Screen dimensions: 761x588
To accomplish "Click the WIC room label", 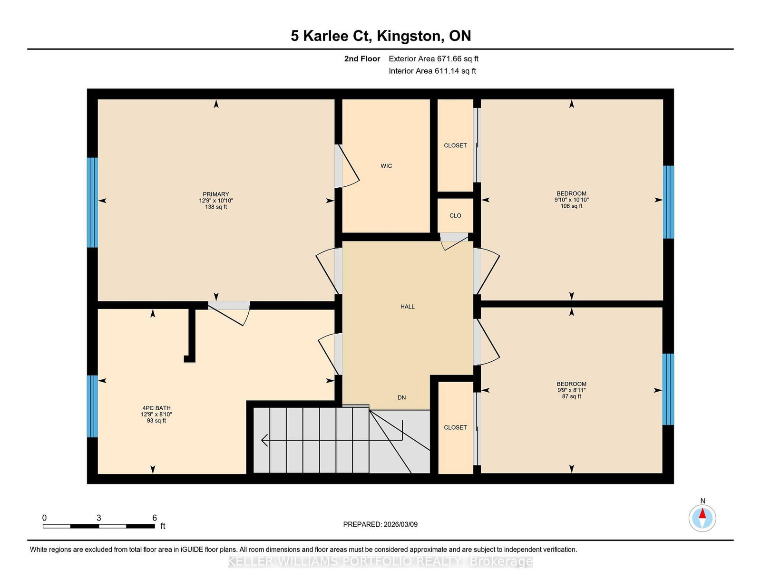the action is tap(386, 166).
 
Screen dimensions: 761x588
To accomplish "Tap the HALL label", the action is tap(407, 307).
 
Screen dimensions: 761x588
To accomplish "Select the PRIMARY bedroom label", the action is tap(216, 194).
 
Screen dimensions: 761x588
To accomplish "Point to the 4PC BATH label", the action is tap(156, 408).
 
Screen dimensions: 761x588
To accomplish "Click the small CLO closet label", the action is tap(455, 216).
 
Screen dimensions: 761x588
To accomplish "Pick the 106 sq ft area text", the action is tap(571, 206).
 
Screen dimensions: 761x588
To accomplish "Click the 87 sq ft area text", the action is tap(571, 396).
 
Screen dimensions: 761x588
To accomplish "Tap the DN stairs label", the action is tap(402, 397).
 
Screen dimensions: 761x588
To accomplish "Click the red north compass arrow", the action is tap(702, 513).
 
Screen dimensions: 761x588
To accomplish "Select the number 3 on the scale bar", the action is tap(99, 518).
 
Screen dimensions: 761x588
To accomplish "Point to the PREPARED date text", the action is tap(380, 524).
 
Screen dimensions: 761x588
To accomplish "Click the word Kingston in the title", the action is tap(409, 36).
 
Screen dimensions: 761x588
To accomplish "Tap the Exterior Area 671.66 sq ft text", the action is tap(433, 59).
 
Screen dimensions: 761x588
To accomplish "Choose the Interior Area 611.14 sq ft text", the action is tap(432, 71).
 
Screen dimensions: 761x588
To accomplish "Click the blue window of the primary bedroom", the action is tap(92, 202).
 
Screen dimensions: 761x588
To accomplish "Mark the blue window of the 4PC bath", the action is tap(92, 406).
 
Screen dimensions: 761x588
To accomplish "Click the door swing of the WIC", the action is tap(348, 166).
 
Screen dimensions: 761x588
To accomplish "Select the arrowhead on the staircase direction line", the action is tap(265, 440).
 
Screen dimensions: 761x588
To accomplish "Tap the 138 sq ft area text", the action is tap(216, 207).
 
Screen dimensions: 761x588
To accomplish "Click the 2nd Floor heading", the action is tap(362, 59).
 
